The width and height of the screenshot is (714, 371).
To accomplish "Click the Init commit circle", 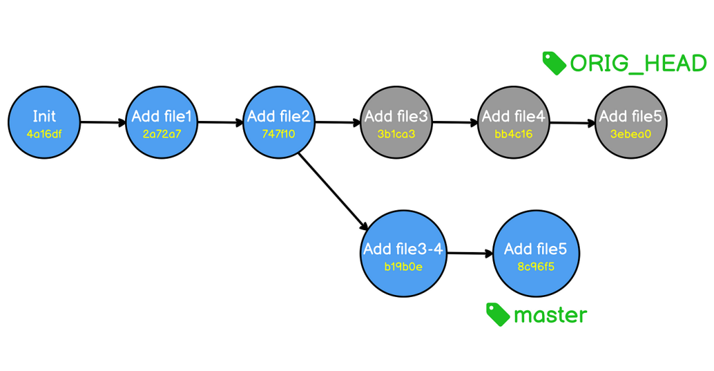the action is coord(44,122).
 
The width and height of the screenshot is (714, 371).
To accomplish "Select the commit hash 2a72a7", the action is coord(162,134).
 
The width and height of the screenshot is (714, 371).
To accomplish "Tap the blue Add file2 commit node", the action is coord(279,122).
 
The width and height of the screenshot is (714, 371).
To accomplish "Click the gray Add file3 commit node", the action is coord(396,122).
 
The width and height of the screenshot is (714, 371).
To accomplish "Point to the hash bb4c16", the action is coord(513,134).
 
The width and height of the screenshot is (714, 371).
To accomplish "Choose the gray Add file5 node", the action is coord(631,122).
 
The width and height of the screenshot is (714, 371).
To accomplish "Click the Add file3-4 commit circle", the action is coord(403,253).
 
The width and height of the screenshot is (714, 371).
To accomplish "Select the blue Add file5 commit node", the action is coord(536,253).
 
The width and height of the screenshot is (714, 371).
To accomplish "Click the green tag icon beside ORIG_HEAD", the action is coord(554,63).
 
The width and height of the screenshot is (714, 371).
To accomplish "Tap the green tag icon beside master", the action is coord(498,315).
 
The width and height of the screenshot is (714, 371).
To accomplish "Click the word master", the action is coord(550,315).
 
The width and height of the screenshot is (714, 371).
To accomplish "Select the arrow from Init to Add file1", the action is coord(103,122).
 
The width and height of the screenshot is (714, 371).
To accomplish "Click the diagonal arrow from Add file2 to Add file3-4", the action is coord(333,192).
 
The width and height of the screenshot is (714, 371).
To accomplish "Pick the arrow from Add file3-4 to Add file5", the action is coord(470,253).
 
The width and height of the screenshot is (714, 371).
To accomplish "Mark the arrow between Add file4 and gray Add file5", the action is coord(573,122).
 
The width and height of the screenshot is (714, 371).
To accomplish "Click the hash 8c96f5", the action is coord(536,267).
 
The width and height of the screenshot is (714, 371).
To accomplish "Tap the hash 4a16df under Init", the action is coord(44,134).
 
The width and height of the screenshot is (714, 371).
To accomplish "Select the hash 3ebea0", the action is coord(631,134).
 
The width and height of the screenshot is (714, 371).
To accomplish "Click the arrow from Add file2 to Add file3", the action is coord(337,122).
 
